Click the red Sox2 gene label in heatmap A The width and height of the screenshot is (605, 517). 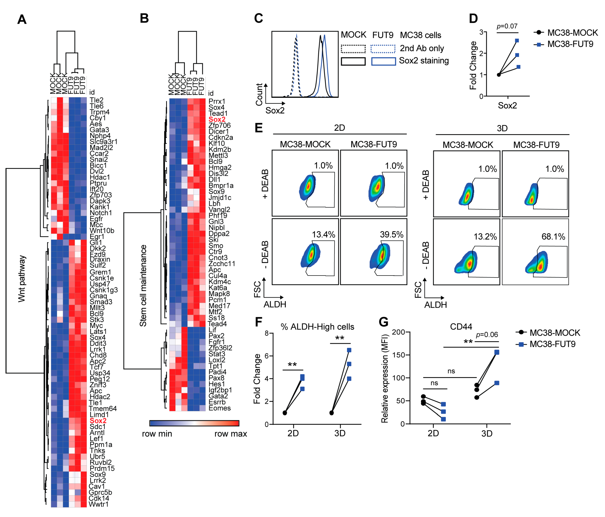tap(98, 421)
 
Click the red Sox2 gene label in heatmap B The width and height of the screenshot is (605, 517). tap(217, 119)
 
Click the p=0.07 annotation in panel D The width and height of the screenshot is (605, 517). tap(507, 26)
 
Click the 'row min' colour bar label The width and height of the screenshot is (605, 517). tap(157, 434)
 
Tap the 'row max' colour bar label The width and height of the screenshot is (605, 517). tap(230, 434)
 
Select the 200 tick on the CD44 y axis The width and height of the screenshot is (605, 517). tap(398, 332)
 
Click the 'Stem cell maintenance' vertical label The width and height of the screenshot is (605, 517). tap(143, 285)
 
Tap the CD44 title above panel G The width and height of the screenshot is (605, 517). tap(461, 326)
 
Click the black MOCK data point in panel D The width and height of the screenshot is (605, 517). tap(499, 75)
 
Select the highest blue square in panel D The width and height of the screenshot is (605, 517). tap(517, 41)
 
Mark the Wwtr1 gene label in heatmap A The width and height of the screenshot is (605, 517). tap(98, 504)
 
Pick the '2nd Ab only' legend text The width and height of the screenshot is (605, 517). tap(422, 48)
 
